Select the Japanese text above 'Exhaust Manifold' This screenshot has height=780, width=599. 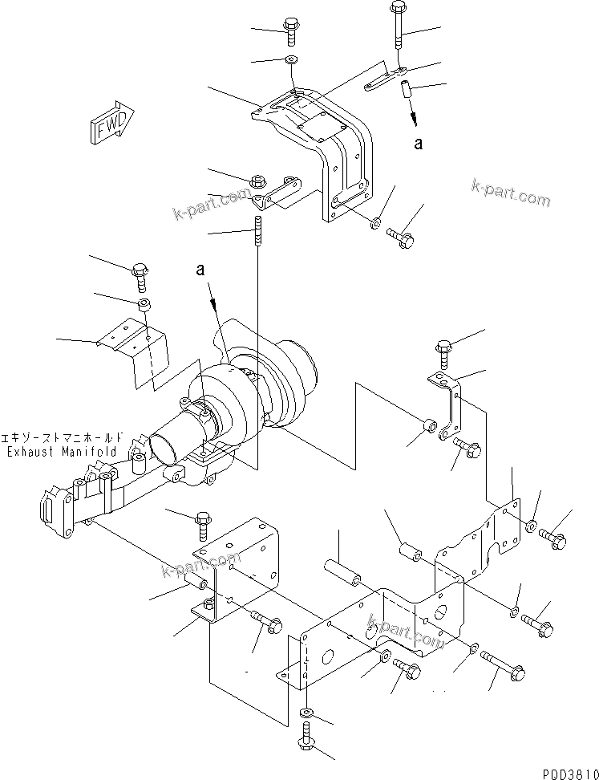coord(63,438)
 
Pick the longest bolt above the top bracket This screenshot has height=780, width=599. coord(398,29)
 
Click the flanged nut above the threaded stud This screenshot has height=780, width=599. coord(258,181)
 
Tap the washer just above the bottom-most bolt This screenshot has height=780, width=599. coord(306,713)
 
